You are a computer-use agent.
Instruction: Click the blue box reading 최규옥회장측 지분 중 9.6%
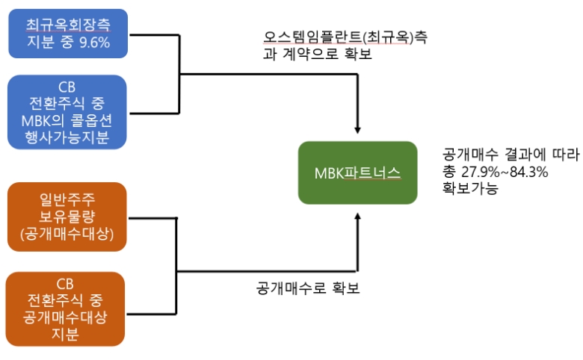coord(67,34)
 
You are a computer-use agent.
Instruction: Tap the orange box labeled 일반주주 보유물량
coord(67,217)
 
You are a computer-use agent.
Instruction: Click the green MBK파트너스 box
coord(357,173)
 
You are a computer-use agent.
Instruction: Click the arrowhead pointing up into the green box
coord(358,217)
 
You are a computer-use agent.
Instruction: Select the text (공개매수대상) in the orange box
coord(67,235)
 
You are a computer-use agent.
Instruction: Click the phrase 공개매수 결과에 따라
coord(510,155)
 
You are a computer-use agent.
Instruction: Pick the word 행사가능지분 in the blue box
coord(67,137)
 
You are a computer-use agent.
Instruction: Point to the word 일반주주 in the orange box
coord(67,199)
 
